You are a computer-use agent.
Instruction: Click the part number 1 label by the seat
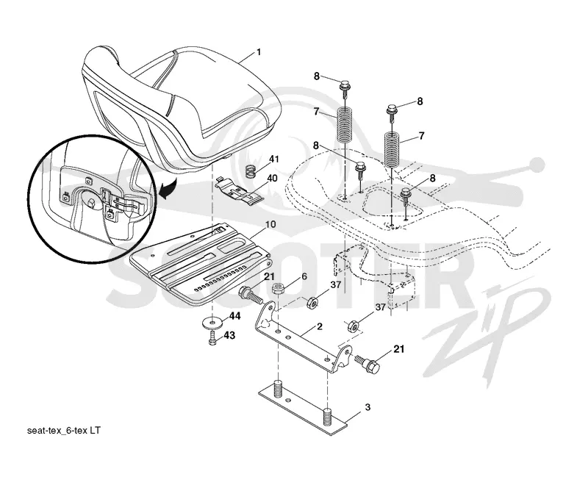tap(258, 52)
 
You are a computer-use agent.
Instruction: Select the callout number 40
tap(272, 178)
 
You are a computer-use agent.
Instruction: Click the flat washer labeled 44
tap(213, 323)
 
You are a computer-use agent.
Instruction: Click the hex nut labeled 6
tap(279, 289)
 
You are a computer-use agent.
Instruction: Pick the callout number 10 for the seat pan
tap(270, 225)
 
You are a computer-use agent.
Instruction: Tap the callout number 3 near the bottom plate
tap(367, 407)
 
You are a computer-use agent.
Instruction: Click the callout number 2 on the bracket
tap(319, 326)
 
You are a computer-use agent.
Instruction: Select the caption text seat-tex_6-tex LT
tap(64, 430)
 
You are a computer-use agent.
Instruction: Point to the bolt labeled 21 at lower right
tap(368, 363)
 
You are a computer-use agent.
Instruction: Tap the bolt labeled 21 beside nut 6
tap(251, 295)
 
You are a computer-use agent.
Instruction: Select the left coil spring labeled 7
tap(345, 125)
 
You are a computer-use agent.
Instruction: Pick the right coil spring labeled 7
tap(392, 150)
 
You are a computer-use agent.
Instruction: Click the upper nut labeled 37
tap(312, 302)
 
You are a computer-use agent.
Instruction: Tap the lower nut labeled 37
tap(354, 326)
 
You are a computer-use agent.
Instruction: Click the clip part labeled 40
tap(240, 191)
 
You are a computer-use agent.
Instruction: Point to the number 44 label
tap(234, 317)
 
